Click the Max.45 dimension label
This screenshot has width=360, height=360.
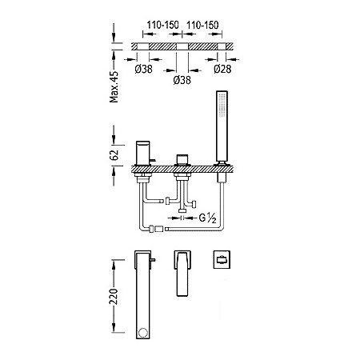click(x=114, y=86)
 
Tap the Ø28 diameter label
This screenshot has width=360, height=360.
click(x=222, y=69)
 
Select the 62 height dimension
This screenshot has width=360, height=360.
click(x=114, y=155)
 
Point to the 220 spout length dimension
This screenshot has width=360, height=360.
click(x=114, y=296)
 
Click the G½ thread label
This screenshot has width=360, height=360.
click(x=207, y=218)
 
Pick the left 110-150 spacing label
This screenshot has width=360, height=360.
click(x=162, y=25)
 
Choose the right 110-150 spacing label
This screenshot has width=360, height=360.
click(x=202, y=25)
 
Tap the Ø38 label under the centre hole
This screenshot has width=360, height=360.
click(x=182, y=80)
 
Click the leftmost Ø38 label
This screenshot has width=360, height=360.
click(x=144, y=69)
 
